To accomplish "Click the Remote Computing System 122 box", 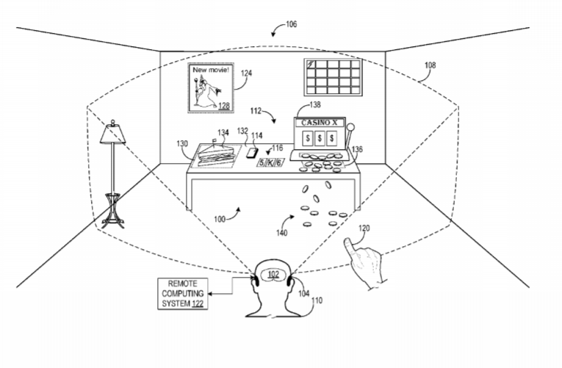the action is (183, 294).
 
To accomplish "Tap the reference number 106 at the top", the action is (292, 24).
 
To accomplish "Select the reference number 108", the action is (430, 65).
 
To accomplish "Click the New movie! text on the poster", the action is (210, 70).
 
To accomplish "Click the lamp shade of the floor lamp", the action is (113, 134).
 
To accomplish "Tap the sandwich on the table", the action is (216, 155).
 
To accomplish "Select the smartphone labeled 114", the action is (252, 153).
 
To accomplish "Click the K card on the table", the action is (270, 162).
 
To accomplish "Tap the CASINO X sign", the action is (319, 123).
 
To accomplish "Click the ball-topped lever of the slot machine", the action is (349, 135).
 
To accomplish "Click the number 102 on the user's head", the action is (273, 275).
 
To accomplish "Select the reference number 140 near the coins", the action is (281, 233).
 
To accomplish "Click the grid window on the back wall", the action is (333, 77).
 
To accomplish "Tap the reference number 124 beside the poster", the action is (246, 73).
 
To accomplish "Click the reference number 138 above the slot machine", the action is (315, 104).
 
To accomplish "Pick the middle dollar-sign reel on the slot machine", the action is (320, 138).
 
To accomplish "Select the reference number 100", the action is (220, 219).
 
